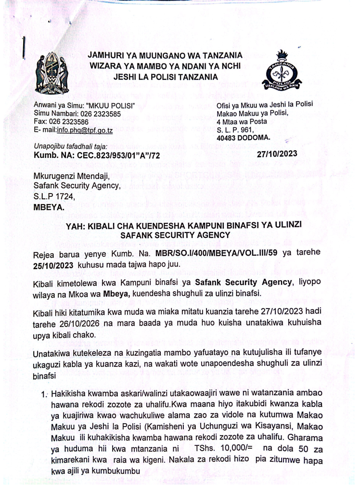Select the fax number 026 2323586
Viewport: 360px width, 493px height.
(x=71, y=122)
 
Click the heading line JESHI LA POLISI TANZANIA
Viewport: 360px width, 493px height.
(x=165, y=76)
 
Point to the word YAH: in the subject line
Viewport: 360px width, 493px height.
(x=81, y=226)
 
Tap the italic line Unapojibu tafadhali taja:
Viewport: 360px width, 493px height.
(x=70, y=146)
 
